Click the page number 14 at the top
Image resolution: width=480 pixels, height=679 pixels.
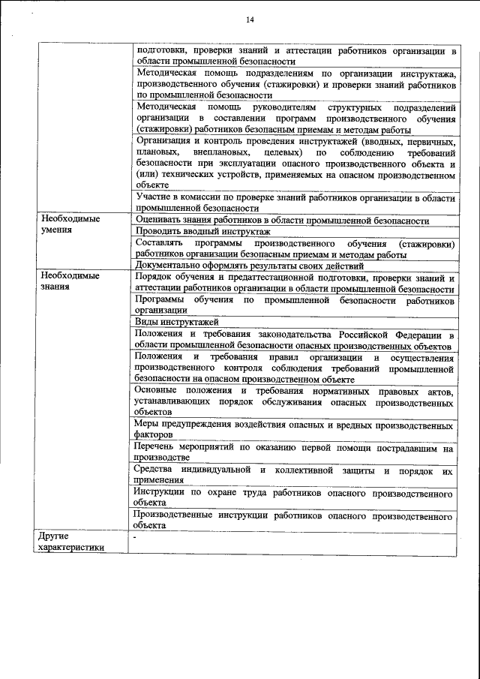(249, 20)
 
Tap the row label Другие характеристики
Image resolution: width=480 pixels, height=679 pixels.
(71, 542)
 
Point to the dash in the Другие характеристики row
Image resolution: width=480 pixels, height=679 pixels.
(135, 538)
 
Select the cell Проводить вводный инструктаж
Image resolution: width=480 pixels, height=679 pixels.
(202, 233)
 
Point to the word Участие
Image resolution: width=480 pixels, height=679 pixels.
(154, 197)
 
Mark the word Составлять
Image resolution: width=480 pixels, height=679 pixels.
(160, 245)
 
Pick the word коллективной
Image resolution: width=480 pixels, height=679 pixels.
(305, 470)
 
